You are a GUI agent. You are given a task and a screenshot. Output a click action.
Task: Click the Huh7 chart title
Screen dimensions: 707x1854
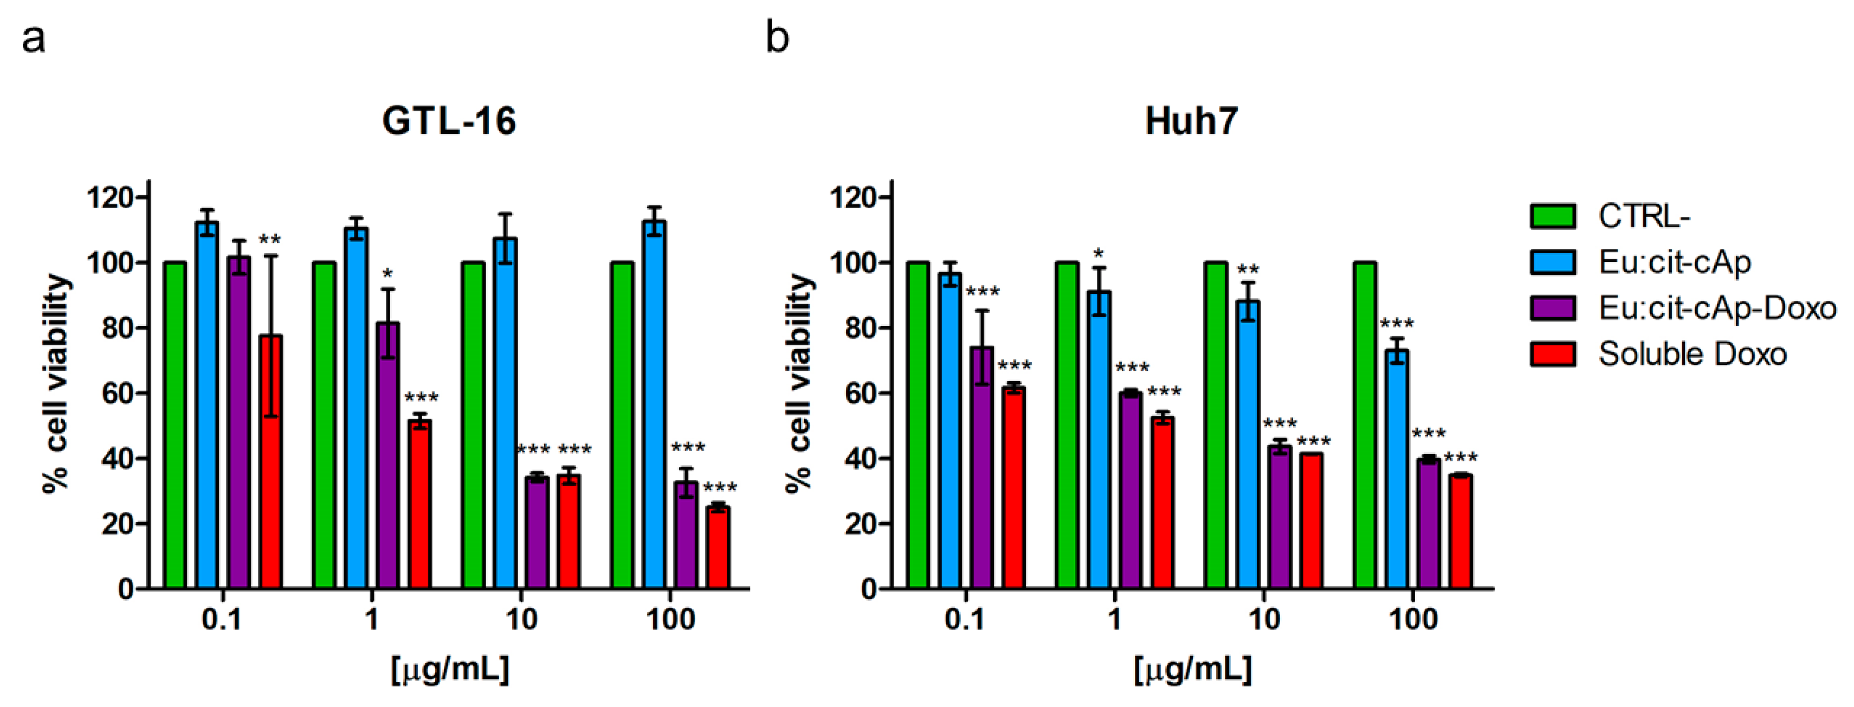click(x=1191, y=121)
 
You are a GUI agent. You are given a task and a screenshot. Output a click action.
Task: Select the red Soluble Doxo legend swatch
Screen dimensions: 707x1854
click(x=1553, y=354)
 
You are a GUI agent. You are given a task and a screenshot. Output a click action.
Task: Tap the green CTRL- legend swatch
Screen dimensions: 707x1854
click(x=1553, y=216)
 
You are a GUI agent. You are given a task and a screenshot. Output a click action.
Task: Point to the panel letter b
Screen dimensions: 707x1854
click(x=777, y=37)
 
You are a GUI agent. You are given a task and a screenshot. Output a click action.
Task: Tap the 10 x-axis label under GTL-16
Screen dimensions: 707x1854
click(x=520, y=620)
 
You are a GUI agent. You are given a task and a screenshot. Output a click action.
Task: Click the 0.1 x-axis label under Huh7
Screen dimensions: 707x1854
click(x=965, y=620)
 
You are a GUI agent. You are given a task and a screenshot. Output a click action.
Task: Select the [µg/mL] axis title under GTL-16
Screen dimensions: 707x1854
click(x=450, y=670)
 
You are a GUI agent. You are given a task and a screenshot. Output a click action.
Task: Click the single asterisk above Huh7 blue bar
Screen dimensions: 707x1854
click(x=1099, y=254)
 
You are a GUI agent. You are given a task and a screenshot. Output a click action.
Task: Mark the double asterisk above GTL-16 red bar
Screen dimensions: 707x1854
click(x=270, y=240)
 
